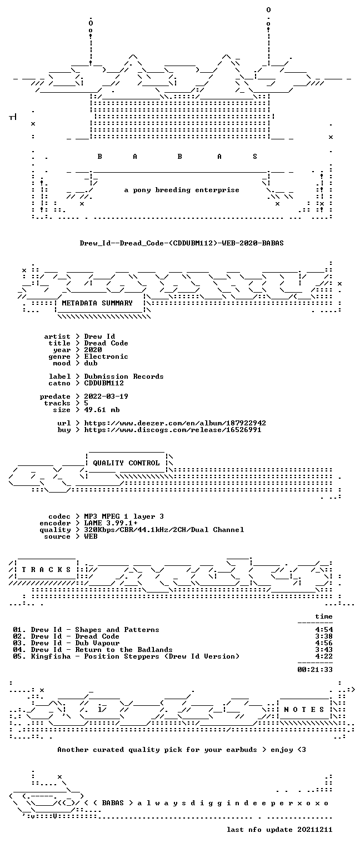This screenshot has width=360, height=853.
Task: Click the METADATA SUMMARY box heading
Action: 97,303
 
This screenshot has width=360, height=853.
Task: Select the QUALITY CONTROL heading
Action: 126,463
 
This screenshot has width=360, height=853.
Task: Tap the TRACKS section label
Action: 47,570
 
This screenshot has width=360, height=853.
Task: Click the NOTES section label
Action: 304,709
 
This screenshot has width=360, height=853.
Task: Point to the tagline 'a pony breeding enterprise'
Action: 182,190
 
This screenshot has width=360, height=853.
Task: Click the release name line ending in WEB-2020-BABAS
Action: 182,243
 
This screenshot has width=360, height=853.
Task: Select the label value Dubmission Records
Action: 124,376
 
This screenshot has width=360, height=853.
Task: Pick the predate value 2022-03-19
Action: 106,397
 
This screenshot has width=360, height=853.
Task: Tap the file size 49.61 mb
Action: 102,410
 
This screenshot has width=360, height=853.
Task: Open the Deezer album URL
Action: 175,423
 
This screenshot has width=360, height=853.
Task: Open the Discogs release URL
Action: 173,430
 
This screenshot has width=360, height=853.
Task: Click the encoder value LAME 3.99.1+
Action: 111,523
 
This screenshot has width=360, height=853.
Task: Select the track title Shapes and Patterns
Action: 117,630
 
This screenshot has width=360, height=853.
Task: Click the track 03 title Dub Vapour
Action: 97,643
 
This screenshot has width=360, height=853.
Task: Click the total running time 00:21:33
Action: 315,669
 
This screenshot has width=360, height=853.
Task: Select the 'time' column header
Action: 324,616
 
